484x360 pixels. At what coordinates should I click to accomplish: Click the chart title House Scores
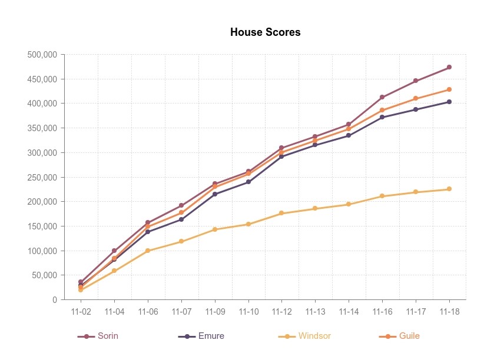point(265,32)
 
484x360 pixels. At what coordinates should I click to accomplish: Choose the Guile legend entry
point(400,336)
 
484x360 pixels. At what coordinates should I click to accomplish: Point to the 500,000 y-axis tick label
point(42,55)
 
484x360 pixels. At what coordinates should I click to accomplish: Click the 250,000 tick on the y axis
point(42,177)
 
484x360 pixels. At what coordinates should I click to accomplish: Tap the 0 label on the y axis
point(55,300)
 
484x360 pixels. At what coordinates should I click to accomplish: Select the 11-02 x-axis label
point(81,312)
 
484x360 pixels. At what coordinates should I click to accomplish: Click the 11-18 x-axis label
point(449,312)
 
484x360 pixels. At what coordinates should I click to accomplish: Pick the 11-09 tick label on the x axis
point(215,312)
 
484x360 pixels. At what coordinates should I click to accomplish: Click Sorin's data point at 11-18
point(449,67)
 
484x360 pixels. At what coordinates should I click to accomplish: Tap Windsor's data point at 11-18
point(449,189)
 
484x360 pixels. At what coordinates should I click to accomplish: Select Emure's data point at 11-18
point(449,102)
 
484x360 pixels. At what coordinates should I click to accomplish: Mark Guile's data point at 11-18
point(449,89)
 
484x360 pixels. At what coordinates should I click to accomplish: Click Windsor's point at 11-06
point(148,251)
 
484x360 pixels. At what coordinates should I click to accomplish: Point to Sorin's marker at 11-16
point(382,97)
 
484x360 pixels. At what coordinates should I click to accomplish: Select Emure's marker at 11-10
point(248,182)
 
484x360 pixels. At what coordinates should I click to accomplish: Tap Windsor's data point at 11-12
point(282,213)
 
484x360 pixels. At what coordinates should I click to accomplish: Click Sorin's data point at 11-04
point(114,251)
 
